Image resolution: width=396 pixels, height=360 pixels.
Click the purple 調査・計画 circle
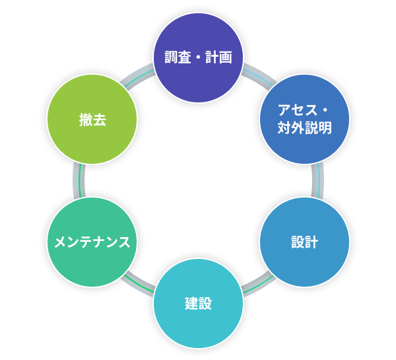coord(198,58)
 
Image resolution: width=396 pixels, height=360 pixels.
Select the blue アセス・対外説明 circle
coord(304,119)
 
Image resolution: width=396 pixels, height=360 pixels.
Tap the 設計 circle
coord(304,242)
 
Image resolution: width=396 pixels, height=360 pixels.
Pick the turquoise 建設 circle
coord(198,303)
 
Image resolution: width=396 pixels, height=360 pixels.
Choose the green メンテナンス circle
coord(92,242)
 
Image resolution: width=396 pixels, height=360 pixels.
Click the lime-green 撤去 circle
coord(92,119)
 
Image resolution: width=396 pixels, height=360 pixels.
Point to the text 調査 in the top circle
coord(178,57)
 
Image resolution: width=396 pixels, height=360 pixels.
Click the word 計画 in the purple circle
coord(218,57)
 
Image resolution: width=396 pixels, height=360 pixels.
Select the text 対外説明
coord(304,127)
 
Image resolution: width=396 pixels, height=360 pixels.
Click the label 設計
coord(304,242)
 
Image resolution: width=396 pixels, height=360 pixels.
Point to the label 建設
coord(198,304)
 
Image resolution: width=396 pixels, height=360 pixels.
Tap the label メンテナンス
coord(92,242)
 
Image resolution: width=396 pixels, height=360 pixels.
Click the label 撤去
coord(92,120)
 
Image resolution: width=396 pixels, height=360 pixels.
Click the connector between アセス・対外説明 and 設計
coord(317,180)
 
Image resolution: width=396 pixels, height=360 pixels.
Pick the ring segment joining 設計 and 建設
coord(258,284)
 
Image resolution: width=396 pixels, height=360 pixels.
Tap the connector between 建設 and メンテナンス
coord(138,284)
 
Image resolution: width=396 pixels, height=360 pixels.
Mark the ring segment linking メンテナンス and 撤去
coord(79,180)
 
